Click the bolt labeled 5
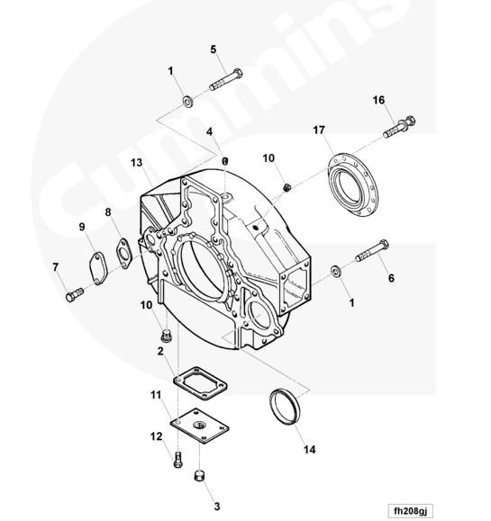(226, 80)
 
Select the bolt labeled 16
(399, 127)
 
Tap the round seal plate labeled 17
(353, 184)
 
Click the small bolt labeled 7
(75, 295)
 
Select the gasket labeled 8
(124, 254)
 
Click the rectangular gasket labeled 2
(201, 383)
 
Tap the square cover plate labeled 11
(200, 426)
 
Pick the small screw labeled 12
(178, 460)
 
